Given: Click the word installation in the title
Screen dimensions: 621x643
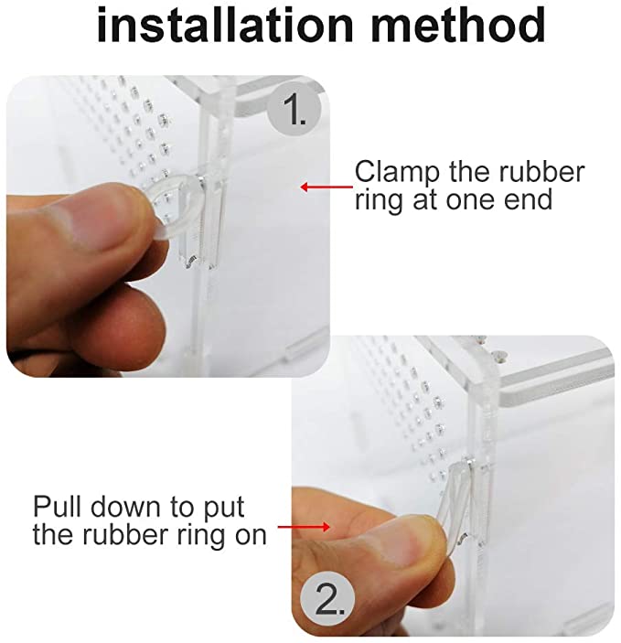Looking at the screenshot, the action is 225,24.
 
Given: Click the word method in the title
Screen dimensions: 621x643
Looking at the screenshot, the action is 458,24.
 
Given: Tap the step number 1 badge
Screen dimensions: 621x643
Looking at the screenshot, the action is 294,110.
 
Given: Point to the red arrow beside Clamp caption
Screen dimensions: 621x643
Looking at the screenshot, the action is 327,187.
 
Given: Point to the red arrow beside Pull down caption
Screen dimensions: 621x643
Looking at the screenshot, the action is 304,527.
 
